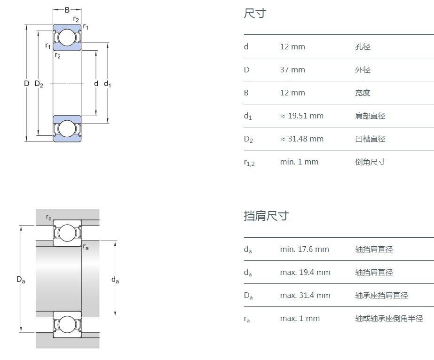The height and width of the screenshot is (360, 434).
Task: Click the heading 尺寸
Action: [255, 14]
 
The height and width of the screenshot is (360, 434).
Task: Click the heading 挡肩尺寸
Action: [266, 216]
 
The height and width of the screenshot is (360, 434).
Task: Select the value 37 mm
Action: [292, 70]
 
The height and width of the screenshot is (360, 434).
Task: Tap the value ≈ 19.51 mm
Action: [301, 116]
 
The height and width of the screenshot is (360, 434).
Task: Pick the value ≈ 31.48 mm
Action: [301, 139]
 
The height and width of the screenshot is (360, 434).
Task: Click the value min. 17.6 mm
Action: [304, 250]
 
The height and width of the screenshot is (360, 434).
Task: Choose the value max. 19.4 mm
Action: [305, 273]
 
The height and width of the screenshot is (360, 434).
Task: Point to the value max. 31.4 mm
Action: [305, 296]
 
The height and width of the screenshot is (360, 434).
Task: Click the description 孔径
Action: [363, 47]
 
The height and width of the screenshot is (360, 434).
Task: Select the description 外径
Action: [363, 70]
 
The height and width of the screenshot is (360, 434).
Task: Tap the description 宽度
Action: [363, 93]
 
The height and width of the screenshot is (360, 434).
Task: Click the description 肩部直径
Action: [370, 116]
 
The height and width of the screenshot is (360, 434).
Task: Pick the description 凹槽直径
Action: [370, 139]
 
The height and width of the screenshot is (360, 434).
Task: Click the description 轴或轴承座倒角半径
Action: [389, 319]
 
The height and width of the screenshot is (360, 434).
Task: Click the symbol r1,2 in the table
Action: [249, 163]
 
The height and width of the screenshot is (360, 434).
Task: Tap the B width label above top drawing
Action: [67, 9]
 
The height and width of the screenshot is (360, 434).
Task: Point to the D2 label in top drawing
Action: [39, 84]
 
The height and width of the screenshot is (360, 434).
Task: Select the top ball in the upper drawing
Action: [67, 38]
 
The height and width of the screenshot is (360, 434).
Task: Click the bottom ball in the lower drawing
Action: [67, 324]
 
